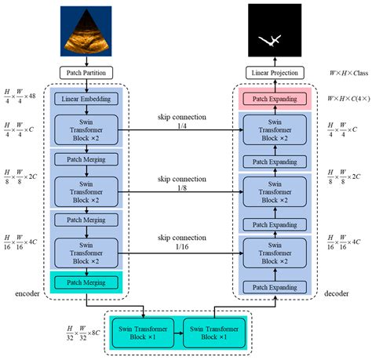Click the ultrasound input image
click(x=86, y=31)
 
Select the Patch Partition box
click(x=86, y=72)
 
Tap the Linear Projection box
click(x=274, y=72)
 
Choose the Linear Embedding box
click(x=86, y=99)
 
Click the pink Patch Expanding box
click(x=274, y=99)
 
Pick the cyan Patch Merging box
click(x=86, y=282)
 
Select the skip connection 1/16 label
click(x=181, y=242)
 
